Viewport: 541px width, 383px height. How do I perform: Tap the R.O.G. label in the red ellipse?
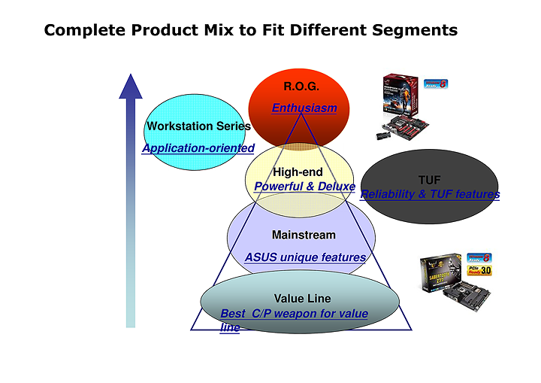(x=301, y=87)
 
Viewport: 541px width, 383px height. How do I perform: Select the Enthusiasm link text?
(x=304, y=108)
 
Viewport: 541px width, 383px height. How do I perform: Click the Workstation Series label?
(x=198, y=126)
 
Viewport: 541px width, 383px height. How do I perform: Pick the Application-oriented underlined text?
(x=198, y=148)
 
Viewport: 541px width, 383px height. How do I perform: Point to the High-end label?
(x=298, y=172)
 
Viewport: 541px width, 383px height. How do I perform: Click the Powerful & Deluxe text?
(x=304, y=186)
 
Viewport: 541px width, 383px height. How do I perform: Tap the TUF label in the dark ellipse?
(x=430, y=181)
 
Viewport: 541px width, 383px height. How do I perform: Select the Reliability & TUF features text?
(x=430, y=195)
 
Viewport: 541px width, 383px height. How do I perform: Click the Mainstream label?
(x=304, y=236)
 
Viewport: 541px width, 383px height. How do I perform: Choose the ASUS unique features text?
(x=305, y=257)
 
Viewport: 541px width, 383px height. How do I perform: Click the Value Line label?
(x=302, y=299)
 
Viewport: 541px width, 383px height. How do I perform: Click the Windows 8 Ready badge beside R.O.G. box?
(x=437, y=85)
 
